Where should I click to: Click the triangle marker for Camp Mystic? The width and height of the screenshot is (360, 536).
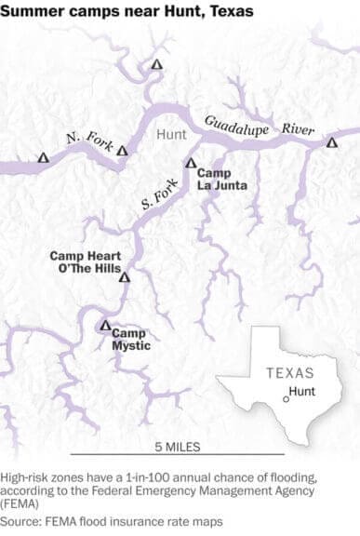104,326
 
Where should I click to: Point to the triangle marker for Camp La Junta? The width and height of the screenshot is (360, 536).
191,163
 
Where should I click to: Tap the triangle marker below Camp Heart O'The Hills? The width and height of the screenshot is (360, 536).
126,276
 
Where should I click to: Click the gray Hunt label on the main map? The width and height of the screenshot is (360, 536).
171,136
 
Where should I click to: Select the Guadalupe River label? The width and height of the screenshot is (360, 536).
260,125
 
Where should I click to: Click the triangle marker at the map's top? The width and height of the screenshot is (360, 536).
156,64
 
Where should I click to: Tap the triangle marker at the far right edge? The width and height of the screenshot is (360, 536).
331,142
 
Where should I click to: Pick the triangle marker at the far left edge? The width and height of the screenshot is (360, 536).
42,158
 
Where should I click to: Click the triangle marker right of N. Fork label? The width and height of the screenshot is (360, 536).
122,149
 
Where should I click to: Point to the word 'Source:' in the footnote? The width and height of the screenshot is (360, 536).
23,521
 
